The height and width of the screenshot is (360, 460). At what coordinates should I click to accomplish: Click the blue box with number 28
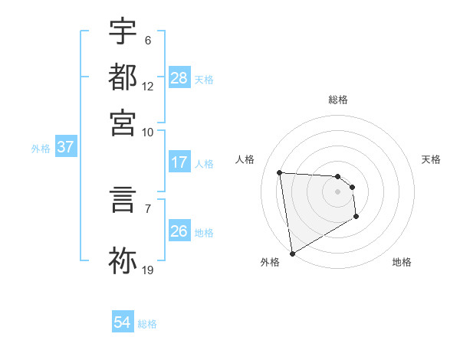click(x=179, y=78)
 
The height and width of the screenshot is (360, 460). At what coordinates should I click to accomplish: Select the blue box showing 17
click(x=179, y=162)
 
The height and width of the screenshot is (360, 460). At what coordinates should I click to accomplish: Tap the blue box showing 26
click(x=179, y=231)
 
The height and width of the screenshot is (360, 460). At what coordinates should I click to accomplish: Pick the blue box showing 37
click(x=65, y=148)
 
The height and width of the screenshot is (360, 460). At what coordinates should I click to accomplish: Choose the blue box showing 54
click(x=123, y=323)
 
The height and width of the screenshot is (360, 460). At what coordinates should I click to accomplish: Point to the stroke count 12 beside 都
click(x=148, y=86)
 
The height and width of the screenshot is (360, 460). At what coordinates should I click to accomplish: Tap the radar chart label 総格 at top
click(x=338, y=100)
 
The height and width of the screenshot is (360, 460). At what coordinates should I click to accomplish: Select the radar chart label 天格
click(x=432, y=159)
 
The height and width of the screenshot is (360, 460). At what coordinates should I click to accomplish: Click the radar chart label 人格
click(x=245, y=159)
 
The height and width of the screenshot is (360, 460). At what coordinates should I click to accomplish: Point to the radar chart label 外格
click(x=270, y=262)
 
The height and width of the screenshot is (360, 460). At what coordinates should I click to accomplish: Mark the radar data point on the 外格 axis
click(x=291, y=253)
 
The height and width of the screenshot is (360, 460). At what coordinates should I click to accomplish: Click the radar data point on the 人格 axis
click(x=280, y=172)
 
